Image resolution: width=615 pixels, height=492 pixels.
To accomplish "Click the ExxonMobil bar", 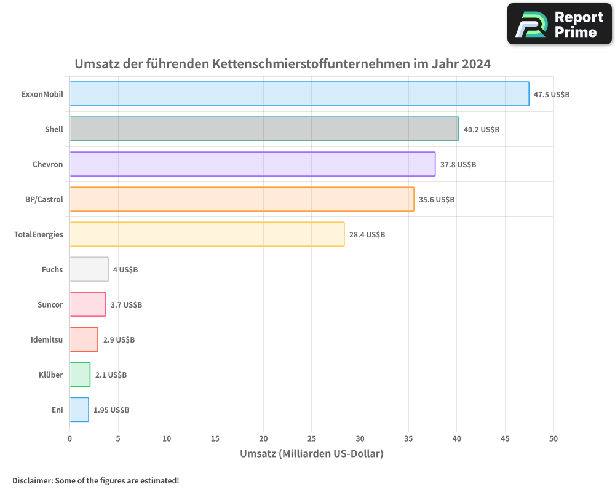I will (x=299, y=94).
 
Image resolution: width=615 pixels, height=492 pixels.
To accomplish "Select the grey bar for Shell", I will (x=264, y=129).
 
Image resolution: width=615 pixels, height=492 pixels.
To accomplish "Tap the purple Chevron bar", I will (x=252, y=164).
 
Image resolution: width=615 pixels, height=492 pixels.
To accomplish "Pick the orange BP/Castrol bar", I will (x=242, y=199).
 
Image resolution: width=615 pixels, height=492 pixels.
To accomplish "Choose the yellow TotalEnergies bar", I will (x=207, y=234).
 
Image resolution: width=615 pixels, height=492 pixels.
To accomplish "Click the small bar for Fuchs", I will (x=89, y=269).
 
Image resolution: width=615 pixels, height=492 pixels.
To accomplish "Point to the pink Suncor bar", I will (x=88, y=304).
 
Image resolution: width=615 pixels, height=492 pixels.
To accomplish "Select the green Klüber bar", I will (x=80, y=375).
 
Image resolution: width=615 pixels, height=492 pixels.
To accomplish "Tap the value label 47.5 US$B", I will (x=552, y=95).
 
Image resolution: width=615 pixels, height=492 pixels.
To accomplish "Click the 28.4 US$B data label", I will (x=367, y=235).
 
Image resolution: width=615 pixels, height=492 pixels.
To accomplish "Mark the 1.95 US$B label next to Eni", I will (x=111, y=410).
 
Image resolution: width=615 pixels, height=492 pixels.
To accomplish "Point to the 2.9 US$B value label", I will (x=119, y=339).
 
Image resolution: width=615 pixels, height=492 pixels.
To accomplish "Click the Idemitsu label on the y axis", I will (x=47, y=339).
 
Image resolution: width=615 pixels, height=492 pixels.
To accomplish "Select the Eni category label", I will (x=57, y=410).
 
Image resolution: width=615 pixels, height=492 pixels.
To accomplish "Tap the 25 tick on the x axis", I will (x=312, y=438).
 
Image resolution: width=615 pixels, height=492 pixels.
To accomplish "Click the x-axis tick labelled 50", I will (x=553, y=438).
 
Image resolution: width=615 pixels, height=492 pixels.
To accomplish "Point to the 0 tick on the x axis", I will (x=69, y=438).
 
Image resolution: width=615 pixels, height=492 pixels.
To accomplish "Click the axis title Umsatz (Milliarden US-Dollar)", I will (x=311, y=454).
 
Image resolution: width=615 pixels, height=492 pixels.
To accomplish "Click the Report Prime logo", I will (x=559, y=24).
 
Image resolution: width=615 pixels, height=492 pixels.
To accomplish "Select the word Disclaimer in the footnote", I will (x=31, y=480).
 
